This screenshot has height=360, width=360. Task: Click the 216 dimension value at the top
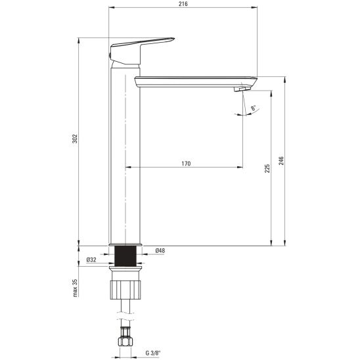click(183, 4)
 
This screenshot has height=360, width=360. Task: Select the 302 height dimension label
click(75, 139)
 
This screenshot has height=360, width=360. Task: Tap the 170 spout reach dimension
click(186, 164)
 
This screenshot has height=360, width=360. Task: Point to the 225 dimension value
click(267, 168)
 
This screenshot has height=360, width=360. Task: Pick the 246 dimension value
click(281, 160)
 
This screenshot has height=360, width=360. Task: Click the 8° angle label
click(253, 108)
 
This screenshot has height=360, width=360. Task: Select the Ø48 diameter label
click(160, 250)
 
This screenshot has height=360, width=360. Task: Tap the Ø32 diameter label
click(91, 259)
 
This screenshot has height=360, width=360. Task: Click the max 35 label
click(75, 288)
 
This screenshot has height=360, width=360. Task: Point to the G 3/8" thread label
click(153, 353)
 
